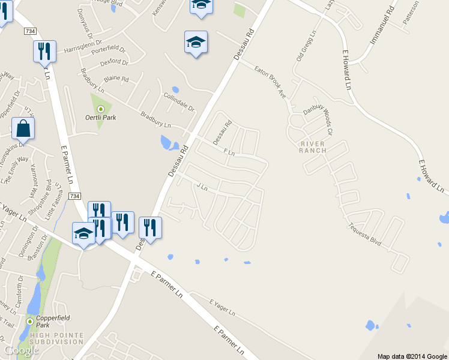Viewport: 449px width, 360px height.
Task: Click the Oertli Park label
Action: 100,118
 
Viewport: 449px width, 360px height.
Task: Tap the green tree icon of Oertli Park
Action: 100,109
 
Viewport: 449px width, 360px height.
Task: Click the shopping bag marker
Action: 23,128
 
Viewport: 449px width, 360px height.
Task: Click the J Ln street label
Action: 202,187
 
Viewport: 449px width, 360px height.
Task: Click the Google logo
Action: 22,350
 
